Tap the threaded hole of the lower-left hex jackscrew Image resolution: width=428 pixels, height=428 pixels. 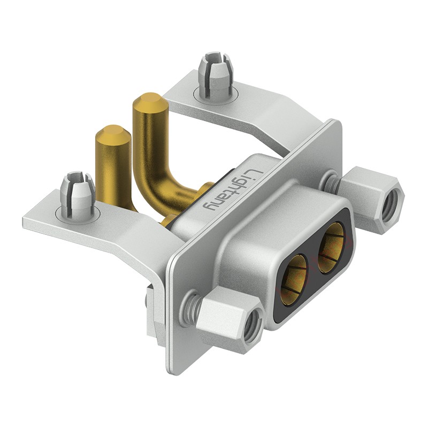[x=253, y=326]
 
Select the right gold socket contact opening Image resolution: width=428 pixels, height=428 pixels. [x=331, y=247]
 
